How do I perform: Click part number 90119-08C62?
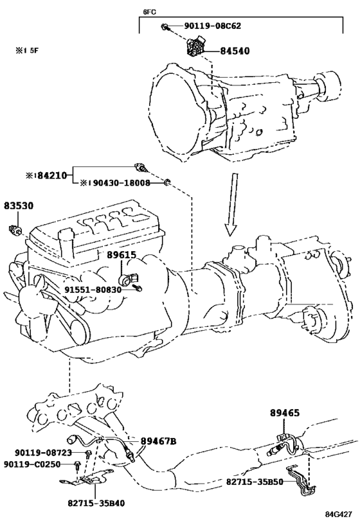coord(212,26)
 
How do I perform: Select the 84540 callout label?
coord(235,51)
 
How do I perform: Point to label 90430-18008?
coord(119,183)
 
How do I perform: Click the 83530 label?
coord(19,206)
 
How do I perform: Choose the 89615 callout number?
coord(122,255)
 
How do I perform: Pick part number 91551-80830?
coord(93,289)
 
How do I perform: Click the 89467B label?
coord(158,441)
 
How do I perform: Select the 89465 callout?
coord(285,413)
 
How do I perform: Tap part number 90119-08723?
coord(43,453)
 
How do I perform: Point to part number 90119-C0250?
coord(32,464)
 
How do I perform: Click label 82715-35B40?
coord(96,503)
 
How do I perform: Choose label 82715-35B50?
coord(255,482)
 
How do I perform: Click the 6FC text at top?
coord(149,12)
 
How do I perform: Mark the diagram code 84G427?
coord(338,514)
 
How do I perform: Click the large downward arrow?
coord(231,205)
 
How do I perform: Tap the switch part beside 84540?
coord(196,46)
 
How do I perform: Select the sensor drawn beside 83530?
coord(15,229)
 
